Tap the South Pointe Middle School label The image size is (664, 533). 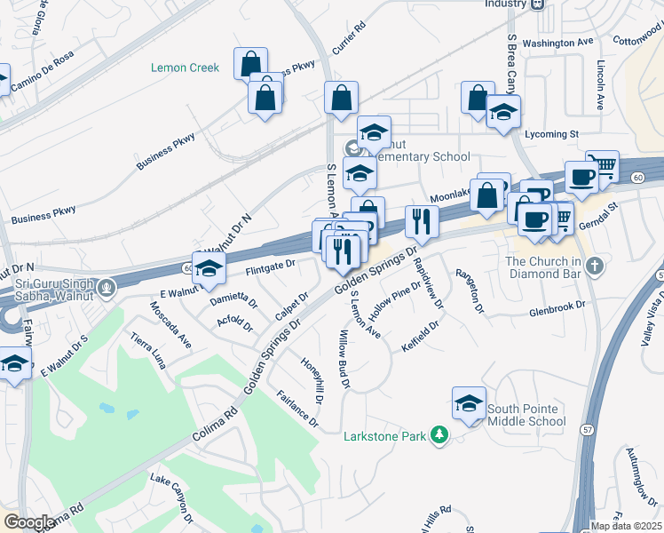coord(526,415)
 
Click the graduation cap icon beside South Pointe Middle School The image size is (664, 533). coord(469,403)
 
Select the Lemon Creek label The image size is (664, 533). coord(185,68)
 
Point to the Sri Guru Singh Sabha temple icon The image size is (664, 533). coord(107,287)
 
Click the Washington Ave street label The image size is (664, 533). coord(557,43)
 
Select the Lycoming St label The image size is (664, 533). coord(551,134)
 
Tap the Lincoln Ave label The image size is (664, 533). coord(601,85)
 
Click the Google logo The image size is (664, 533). coord(29,522)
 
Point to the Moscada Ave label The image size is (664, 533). coord(170,328)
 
